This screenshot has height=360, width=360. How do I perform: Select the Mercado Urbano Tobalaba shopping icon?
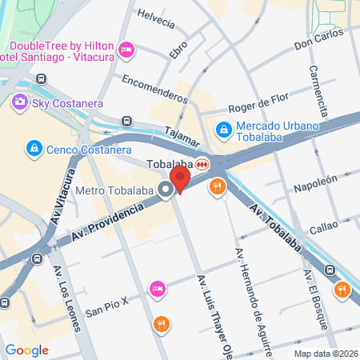pos(225,128)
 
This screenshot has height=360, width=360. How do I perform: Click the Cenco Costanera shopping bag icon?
pos(34,148)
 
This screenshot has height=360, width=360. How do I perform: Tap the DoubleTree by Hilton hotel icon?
pos(126,52)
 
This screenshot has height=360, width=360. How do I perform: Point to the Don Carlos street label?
pos(318,39)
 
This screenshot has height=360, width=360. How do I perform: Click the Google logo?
pos(26,350)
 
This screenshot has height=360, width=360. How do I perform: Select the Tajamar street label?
pos(182,138)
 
